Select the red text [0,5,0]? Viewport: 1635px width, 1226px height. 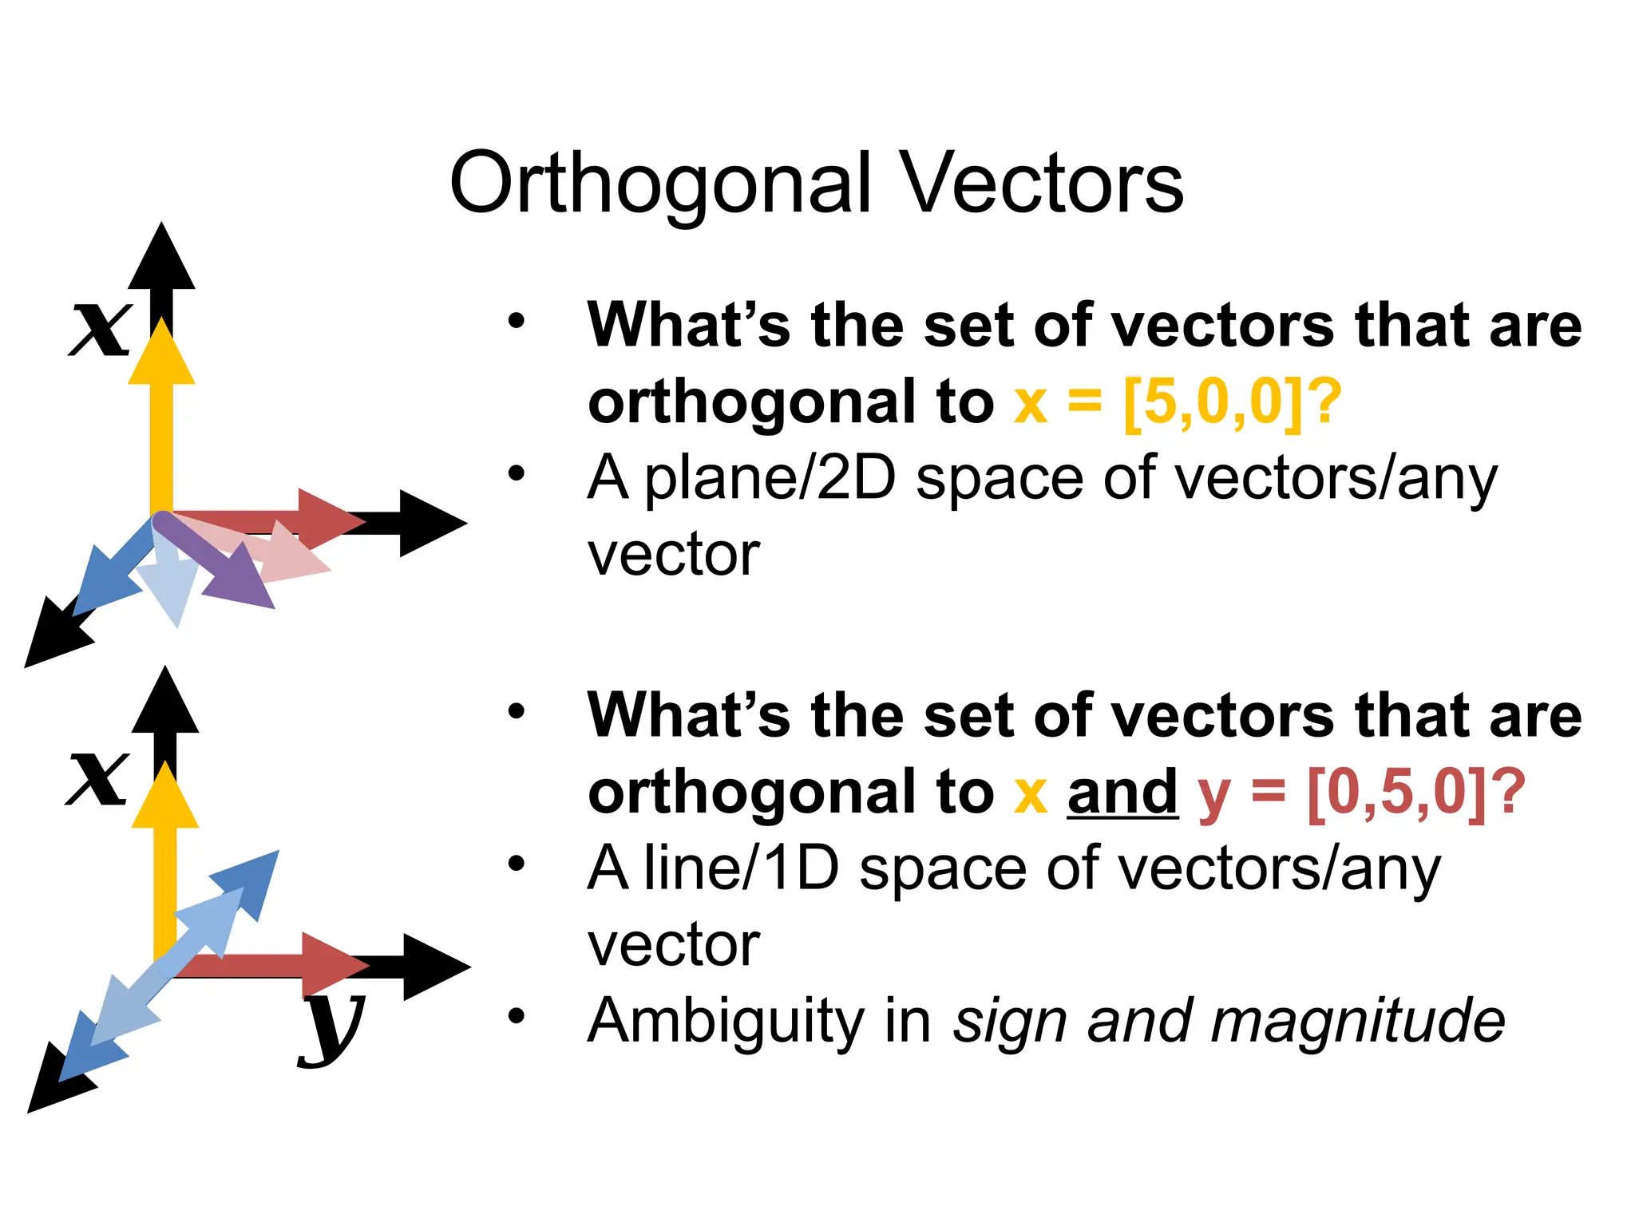1415,792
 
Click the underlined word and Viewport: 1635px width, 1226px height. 1122,792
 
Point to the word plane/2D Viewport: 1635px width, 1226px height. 769,479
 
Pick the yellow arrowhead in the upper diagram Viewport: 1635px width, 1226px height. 161,355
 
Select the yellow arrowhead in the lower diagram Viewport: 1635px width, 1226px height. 164,798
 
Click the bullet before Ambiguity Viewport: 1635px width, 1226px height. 517,1016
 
